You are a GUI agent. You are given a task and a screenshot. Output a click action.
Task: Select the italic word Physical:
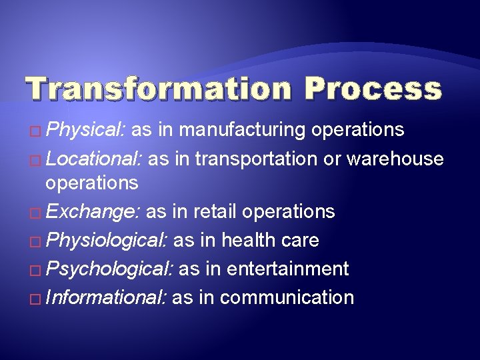87,129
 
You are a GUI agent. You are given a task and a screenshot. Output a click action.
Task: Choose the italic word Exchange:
93,211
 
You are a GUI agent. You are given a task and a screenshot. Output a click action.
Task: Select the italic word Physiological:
109,240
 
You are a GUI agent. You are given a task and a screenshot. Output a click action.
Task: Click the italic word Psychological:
110,269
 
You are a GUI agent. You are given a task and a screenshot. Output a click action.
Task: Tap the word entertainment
288,269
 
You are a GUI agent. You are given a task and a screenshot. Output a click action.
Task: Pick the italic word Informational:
107,297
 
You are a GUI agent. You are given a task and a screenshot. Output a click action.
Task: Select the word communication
287,297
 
